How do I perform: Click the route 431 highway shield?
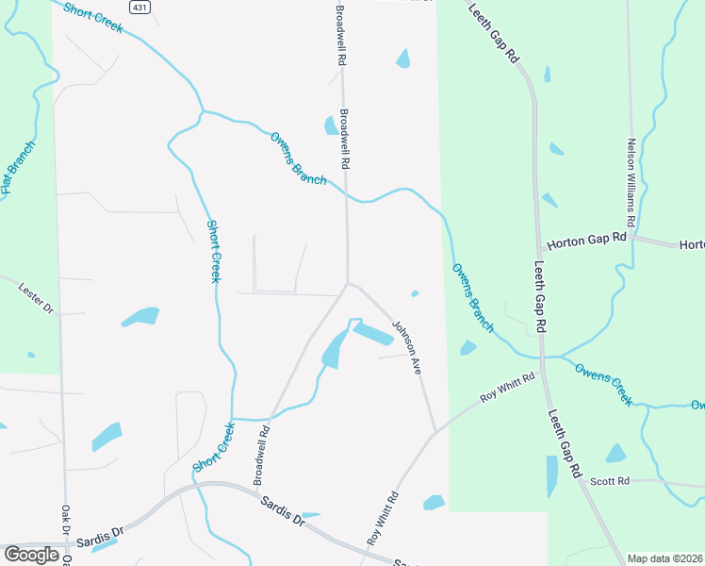(x=139, y=7)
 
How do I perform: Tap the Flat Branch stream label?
(x=19, y=168)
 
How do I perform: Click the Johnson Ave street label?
(x=406, y=347)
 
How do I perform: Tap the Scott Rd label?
(x=610, y=481)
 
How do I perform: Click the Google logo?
(x=31, y=554)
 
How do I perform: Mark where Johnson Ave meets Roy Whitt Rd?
(x=434, y=433)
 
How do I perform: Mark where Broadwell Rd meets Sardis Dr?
(x=255, y=489)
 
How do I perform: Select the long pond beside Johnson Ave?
(x=373, y=334)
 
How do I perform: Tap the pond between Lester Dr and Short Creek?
(x=140, y=316)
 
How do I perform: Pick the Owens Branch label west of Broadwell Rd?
(x=297, y=158)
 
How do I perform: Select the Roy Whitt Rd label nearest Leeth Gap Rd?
(x=507, y=388)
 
